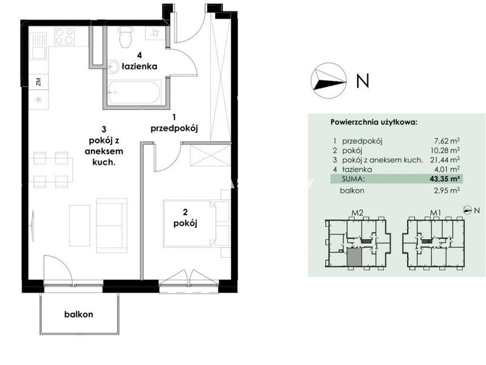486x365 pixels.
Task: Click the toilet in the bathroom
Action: coord(126,36)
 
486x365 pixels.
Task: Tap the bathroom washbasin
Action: coord(114,66)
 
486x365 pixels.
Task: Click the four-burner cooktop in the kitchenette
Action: coord(64,36)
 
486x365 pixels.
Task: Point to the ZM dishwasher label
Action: coord(38,82)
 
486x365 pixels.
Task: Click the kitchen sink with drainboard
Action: coord(38,46)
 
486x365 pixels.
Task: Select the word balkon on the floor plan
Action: coord(79,314)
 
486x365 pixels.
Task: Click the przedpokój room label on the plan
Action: coord(174,128)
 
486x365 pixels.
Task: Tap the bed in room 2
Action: coord(190,223)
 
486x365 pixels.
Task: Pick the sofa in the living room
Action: coord(112,226)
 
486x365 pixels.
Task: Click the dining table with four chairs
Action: coord(51,170)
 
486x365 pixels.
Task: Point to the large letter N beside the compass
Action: coord(363,81)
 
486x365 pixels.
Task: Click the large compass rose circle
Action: coord(329,81)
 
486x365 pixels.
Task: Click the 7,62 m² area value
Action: coord(447,141)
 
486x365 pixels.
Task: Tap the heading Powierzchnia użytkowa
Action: coord(374,122)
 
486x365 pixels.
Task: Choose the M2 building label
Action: coord(357,213)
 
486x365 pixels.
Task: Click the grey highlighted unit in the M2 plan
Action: coord(354,257)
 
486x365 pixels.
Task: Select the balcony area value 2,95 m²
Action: coord(447,190)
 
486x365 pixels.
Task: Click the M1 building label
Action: coord(436,213)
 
